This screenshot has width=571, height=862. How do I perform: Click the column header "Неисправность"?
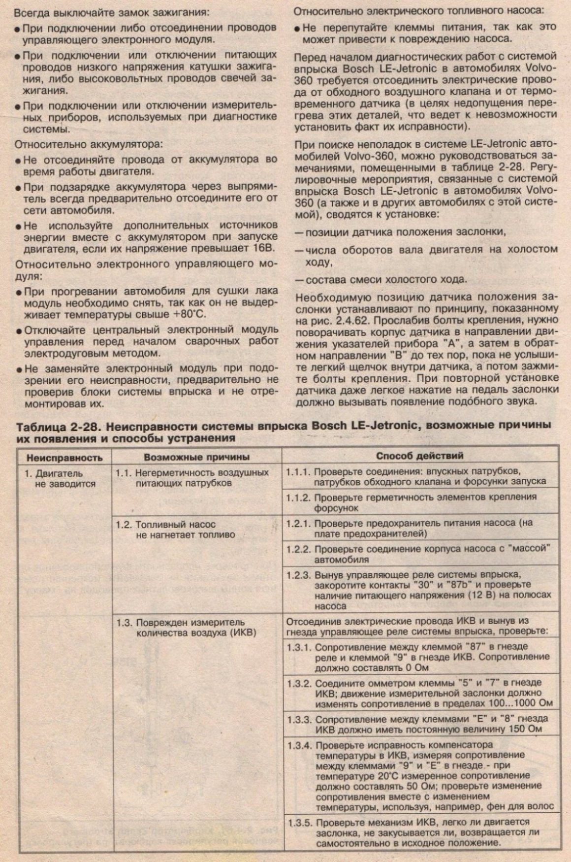pyautogui.click(x=64, y=458)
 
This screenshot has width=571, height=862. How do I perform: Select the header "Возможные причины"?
pyautogui.click(x=196, y=457)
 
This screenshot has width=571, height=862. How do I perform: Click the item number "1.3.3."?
pyautogui.click(x=299, y=719)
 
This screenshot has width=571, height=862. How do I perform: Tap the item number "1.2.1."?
pyautogui.click(x=299, y=523)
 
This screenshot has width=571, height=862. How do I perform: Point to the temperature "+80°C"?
pyautogui.click(x=190, y=314)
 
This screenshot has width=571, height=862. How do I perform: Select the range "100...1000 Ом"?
pyautogui.click(x=522, y=703)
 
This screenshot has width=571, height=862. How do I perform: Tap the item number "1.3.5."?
pyautogui.click(x=299, y=822)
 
